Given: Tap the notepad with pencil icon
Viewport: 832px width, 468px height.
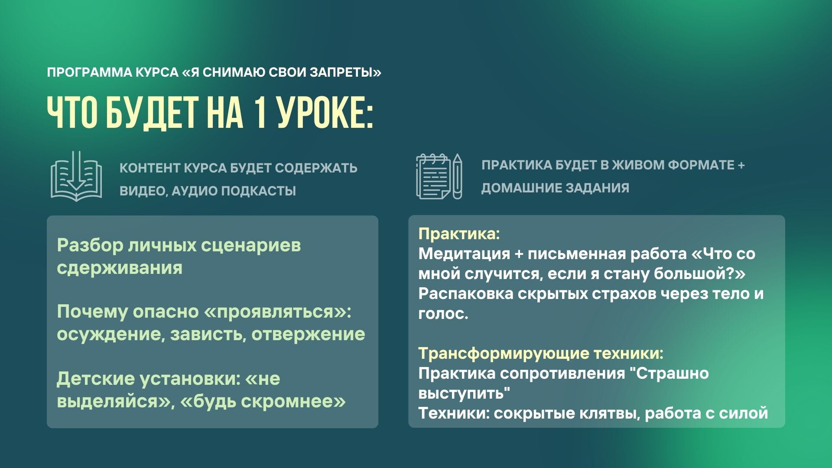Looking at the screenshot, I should (x=439, y=176).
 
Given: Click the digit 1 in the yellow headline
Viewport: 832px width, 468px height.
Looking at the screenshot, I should (x=260, y=113).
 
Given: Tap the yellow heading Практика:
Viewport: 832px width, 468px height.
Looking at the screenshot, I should (x=459, y=234).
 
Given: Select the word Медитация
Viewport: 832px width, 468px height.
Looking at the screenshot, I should (x=464, y=254).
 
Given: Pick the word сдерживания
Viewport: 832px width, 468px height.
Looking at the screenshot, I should (x=120, y=268).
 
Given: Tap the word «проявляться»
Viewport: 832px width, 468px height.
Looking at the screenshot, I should (x=277, y=312).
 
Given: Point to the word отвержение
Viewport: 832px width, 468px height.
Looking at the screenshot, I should (x=308, y=335).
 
